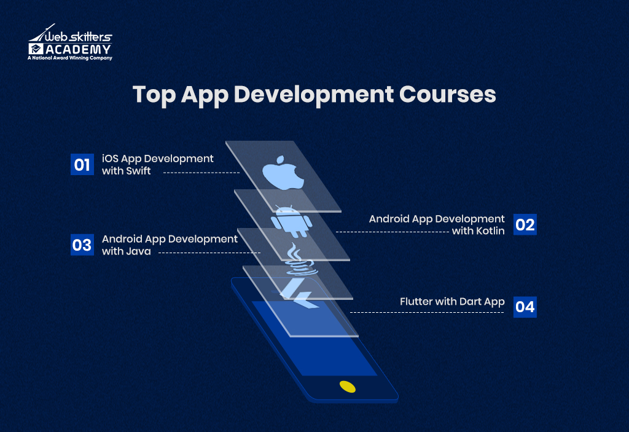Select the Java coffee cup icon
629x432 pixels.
(x=299, y=260)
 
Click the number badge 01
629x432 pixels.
(x=82, y=165)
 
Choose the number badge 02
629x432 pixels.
(x=525, y=224)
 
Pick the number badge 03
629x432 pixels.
(x=82, y=245)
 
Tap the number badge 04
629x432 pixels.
(x=525, y=306)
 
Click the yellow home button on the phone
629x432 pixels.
(x=347, y=387)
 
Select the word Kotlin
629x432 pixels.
(x=488, y=231)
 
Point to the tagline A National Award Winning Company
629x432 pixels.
(x=70, y=58)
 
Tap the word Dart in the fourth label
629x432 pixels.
(x=472, y=302)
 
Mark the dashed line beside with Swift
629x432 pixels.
(x=201, y=173)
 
